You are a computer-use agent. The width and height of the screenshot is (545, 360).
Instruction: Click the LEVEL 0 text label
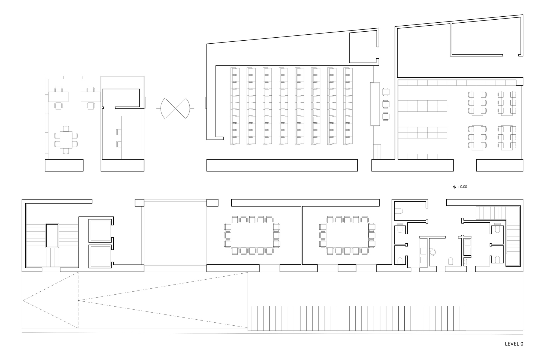[514, 344]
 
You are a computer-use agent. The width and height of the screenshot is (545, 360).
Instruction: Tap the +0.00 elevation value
[462, 187]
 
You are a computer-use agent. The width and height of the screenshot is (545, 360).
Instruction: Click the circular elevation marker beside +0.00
[454, 187]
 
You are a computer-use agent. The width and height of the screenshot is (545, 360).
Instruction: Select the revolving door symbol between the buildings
[175, 108]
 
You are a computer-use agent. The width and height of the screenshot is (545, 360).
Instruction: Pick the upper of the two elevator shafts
[100, 231]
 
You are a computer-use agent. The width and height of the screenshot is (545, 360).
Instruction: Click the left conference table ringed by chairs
[252, 235]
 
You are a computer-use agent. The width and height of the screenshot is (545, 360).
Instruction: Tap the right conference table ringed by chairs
[347, 235]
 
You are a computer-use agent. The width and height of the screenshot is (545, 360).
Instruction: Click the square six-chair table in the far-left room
[66, 140]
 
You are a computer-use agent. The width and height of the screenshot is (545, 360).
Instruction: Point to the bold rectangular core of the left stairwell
[52, 235]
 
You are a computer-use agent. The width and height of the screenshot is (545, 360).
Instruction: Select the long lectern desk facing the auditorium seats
[375, 104]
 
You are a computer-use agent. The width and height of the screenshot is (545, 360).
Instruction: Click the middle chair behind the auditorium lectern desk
[386, 104]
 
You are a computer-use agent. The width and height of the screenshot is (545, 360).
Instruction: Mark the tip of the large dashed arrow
[23, 301]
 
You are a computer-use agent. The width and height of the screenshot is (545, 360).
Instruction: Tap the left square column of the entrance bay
[140, 203]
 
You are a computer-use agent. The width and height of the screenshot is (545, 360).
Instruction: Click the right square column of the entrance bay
[212, 203]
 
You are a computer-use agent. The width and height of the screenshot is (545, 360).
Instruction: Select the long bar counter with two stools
[126, 137]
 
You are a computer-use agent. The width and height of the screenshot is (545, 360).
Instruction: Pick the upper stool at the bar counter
[119, 132]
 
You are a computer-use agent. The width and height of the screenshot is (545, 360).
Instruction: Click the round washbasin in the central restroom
[432, 252]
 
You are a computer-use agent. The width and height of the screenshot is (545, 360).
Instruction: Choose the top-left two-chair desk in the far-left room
[58, 97]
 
